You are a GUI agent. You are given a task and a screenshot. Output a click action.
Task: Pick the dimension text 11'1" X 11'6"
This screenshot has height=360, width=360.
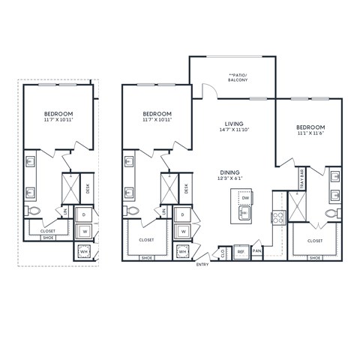coord(310,134)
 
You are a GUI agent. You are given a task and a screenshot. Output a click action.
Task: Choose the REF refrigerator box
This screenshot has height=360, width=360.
coord(241,252)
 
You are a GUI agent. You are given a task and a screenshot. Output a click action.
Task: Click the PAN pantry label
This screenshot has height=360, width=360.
coord(256,251)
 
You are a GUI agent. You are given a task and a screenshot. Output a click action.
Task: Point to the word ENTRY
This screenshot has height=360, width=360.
coord(202,265)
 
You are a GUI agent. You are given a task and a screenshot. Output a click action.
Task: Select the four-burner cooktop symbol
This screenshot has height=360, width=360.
coord(277,218)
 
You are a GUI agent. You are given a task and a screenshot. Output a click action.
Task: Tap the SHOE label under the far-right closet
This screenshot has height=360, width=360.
coord(316,258)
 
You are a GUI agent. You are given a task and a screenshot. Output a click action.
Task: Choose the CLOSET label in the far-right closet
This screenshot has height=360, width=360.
coord(315,241)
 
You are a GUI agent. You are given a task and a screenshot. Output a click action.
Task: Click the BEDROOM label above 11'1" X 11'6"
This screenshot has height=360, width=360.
coord(310,127)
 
